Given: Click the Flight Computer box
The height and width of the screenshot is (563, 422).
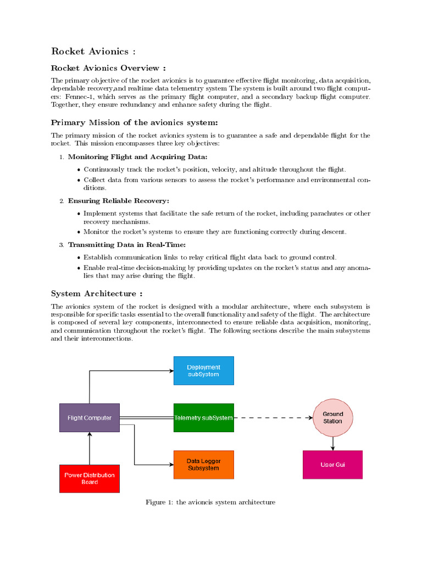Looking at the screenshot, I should (90, 418).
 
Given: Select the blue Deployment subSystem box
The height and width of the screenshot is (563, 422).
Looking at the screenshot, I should (203, 371).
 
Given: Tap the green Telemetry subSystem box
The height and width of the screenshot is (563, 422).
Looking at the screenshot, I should (203, 418).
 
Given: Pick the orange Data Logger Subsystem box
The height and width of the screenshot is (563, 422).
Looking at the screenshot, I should (203, 465).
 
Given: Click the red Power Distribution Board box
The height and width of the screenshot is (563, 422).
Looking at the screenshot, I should (90, 478).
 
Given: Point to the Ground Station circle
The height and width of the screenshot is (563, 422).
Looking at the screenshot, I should (332, 418).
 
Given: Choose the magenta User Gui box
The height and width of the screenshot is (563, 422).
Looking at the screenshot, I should (332, 465).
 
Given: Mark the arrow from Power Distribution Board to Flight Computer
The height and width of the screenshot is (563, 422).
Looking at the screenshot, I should (90, 448).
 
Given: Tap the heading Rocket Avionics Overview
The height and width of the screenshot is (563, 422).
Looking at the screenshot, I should (108, 68).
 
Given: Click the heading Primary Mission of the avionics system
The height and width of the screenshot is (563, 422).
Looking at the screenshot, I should (134, 123).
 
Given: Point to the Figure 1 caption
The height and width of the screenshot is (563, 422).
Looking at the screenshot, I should (210, 502).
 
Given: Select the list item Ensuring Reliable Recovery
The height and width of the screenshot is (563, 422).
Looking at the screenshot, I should (118, 201).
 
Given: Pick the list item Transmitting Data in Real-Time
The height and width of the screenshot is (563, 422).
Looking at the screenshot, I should (127, 245).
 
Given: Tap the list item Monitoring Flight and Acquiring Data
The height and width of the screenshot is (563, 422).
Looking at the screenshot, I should (137, 157).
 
